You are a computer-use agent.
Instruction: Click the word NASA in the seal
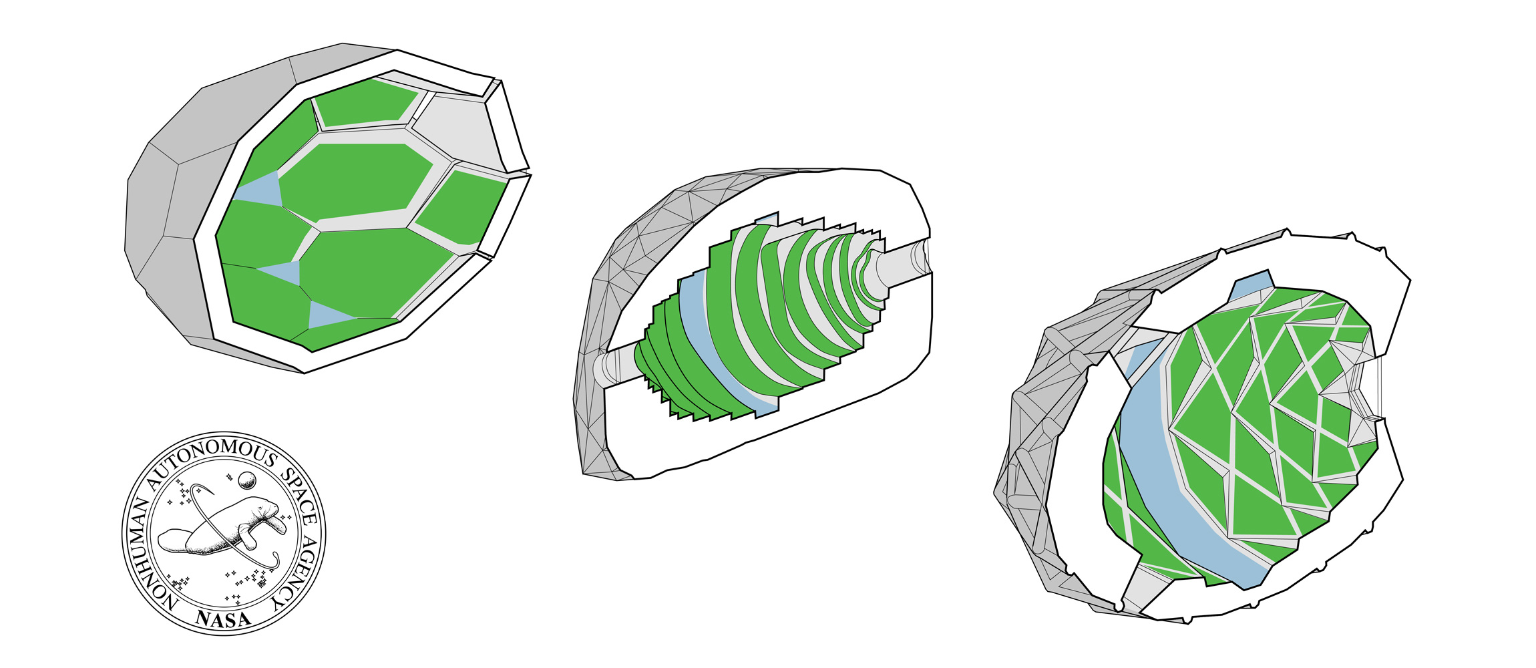[x=224, y=619]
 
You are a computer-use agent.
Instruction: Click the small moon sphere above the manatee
[x=248, y=479]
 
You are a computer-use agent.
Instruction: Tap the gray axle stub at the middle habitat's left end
[x=611, y=367]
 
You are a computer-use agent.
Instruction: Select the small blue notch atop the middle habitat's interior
[x=769, y=219]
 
